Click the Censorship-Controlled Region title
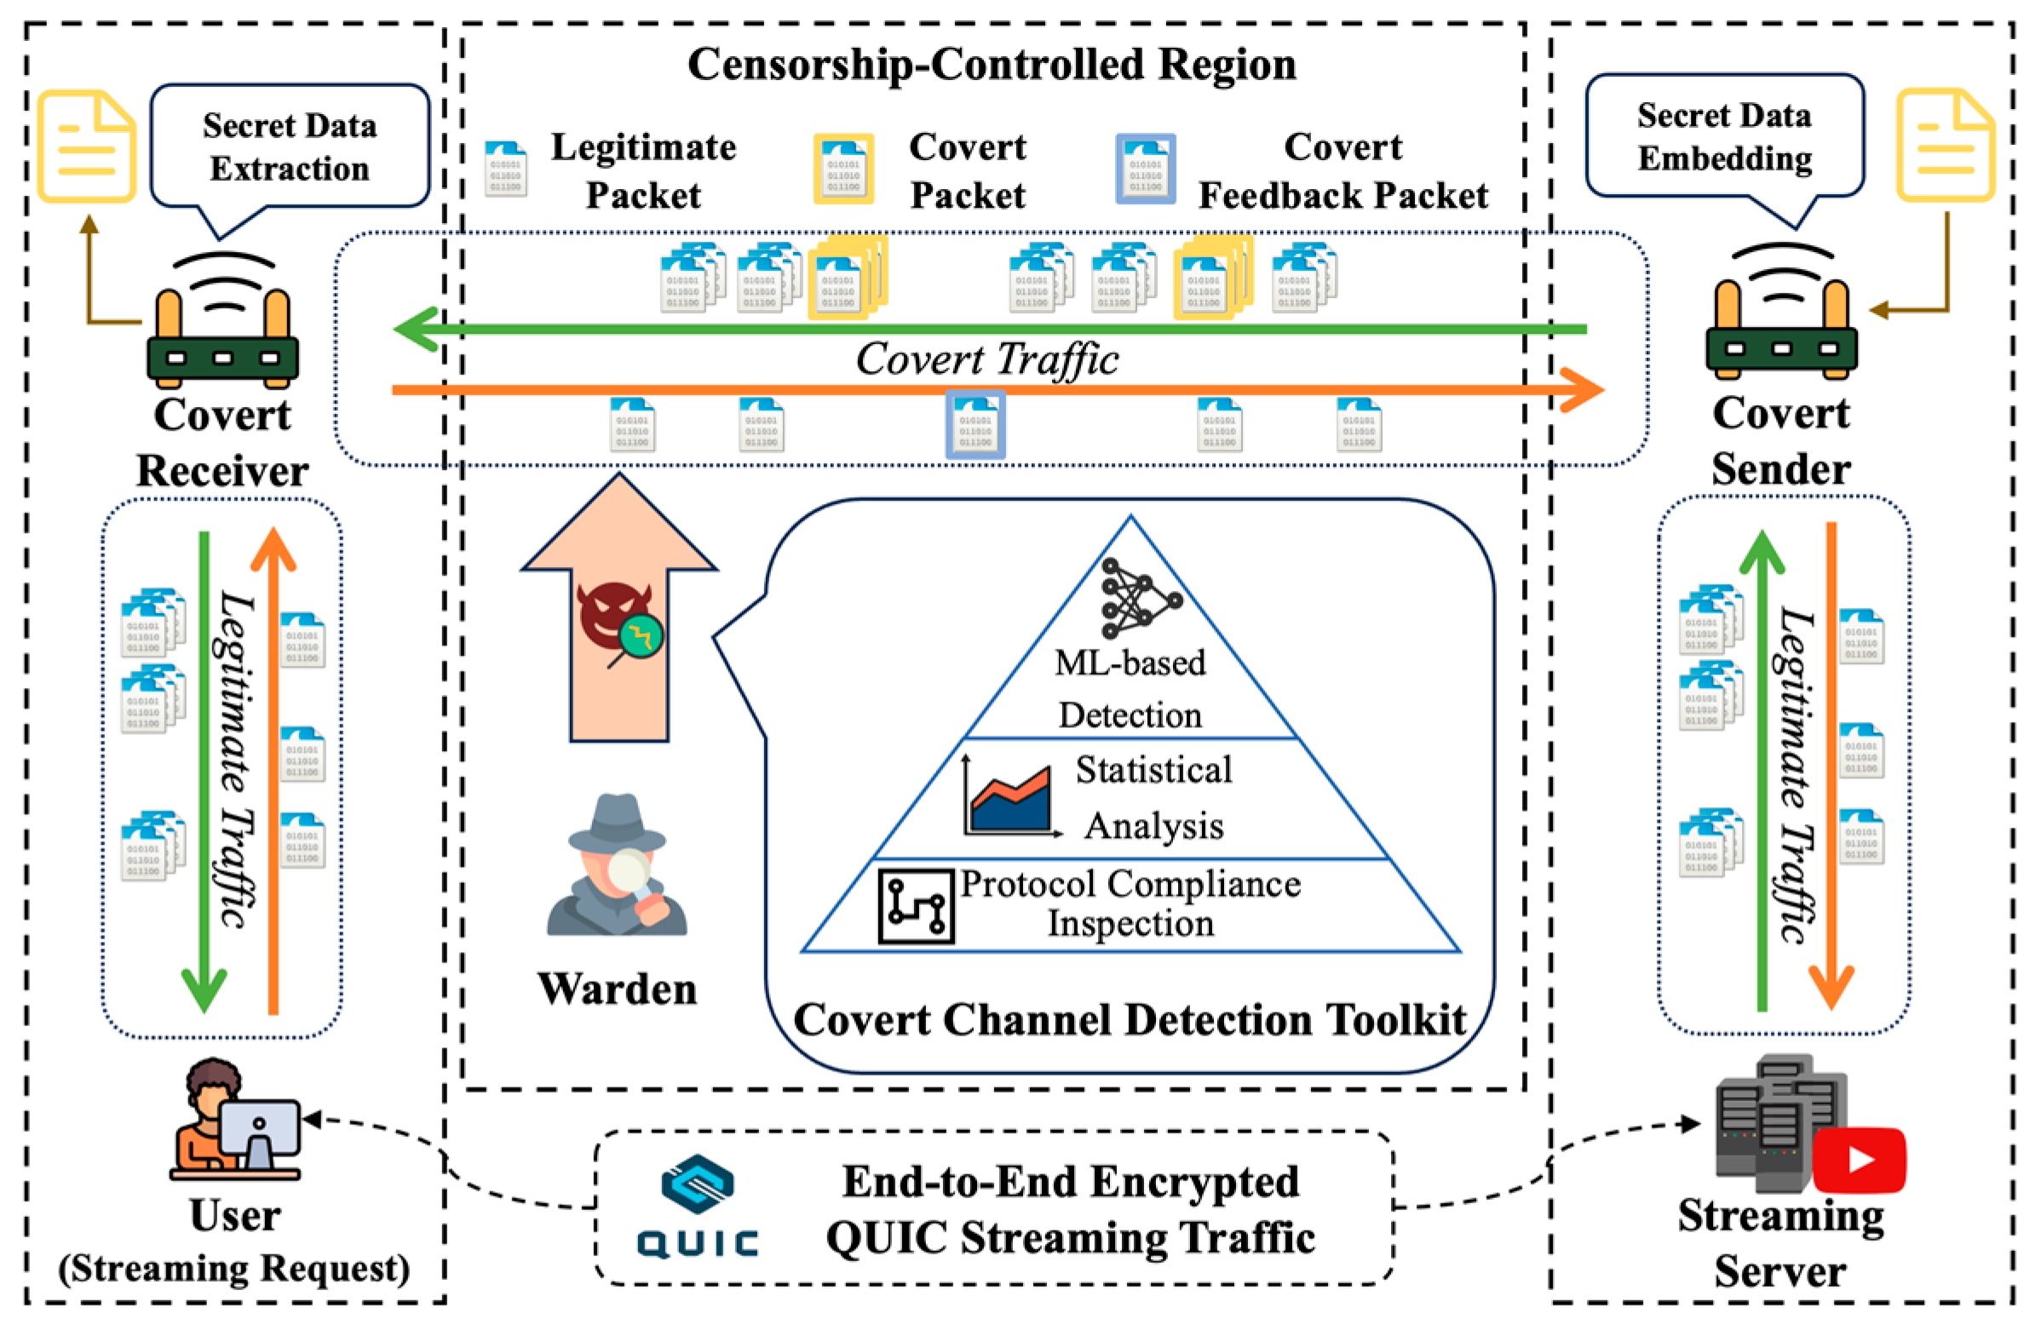click(x=992, y=66)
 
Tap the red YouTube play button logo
click(x=1859, y=1161)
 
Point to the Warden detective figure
click(x=617, y=866)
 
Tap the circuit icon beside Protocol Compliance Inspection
click(x=916, y=905)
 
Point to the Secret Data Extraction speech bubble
click(x=290, y=147)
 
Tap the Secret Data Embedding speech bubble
click(x=1724, y=137)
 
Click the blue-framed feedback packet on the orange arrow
click(x=975, y=424)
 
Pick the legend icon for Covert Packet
click(x=843, y=169)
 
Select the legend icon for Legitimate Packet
click(x=505, y=169)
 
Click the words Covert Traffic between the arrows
click(x=987, y=359)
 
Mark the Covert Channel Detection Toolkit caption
click(x=1130, y=1020)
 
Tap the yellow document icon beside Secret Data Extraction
click(x=86, y=146)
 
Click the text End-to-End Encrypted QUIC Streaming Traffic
click(x=1070, y=1209)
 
